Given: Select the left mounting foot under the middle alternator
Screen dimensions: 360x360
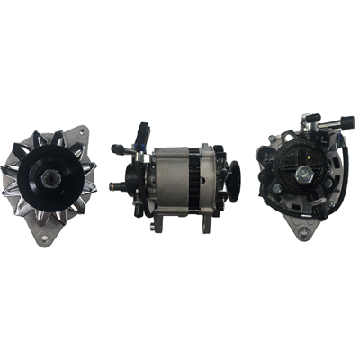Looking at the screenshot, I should (163, 222).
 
